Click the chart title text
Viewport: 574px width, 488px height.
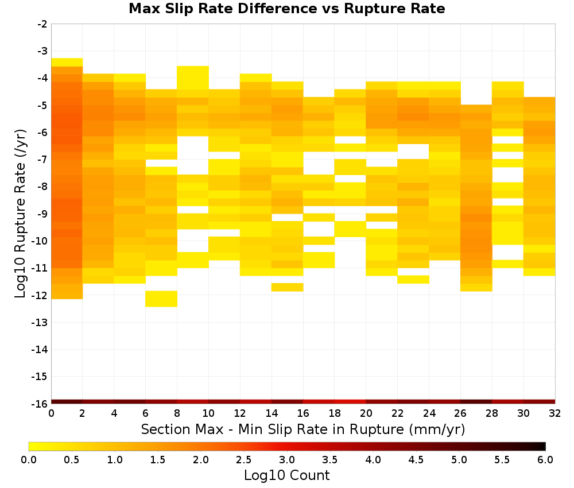(287, 9)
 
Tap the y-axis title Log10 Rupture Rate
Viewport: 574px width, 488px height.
(21, 214)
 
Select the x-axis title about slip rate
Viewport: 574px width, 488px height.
(303, 429)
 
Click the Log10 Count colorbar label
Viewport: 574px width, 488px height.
(287, 475)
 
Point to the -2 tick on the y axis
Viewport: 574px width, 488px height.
(42, 24)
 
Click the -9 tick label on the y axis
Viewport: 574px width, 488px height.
(42, 214)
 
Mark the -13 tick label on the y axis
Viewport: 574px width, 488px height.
(40, 322)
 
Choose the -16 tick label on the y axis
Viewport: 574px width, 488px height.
(40, 404)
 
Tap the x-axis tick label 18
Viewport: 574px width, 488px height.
(335, 413)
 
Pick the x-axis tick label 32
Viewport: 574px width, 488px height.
(555, 413)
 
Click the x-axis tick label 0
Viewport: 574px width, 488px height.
(51, 413)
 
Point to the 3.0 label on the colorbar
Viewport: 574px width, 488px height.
(287, 460)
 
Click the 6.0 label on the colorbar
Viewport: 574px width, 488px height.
(545, 460)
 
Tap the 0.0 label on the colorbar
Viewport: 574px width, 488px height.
(29, 460)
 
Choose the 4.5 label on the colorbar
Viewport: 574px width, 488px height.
(416, 460)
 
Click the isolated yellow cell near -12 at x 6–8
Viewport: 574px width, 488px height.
(161, 299)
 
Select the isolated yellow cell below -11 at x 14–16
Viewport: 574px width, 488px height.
(288, 287)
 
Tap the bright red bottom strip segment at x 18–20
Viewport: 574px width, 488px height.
(350, 402)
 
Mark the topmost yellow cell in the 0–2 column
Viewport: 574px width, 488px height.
(67, 62)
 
